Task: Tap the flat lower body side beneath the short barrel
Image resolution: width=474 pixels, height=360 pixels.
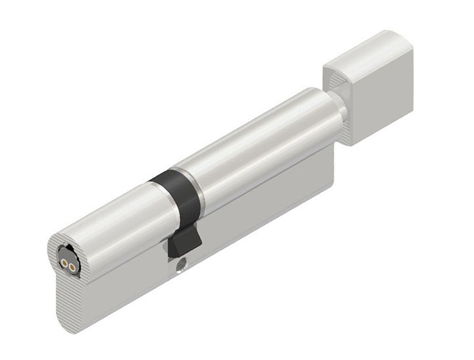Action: point(125,290)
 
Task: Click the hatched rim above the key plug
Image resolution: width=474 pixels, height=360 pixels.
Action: point(59,238)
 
